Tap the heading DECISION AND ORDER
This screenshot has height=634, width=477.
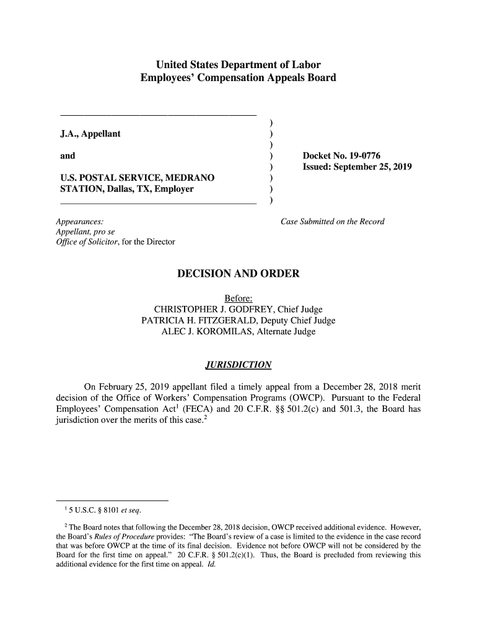238,274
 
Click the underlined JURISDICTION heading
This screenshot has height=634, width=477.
238,365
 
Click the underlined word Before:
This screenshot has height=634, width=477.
238,298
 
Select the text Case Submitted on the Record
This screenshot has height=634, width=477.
332,222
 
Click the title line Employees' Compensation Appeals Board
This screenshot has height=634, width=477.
238,78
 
